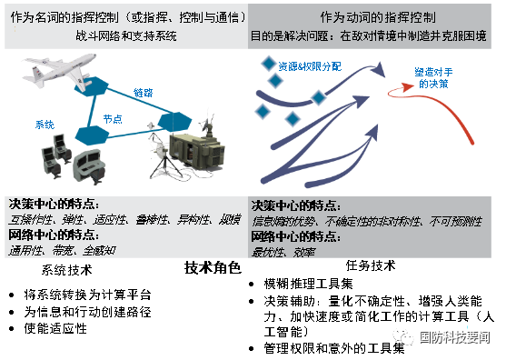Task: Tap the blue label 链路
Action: click(144, 93)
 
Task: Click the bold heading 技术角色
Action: click(213, 268)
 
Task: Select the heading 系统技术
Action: click(67, 270)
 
